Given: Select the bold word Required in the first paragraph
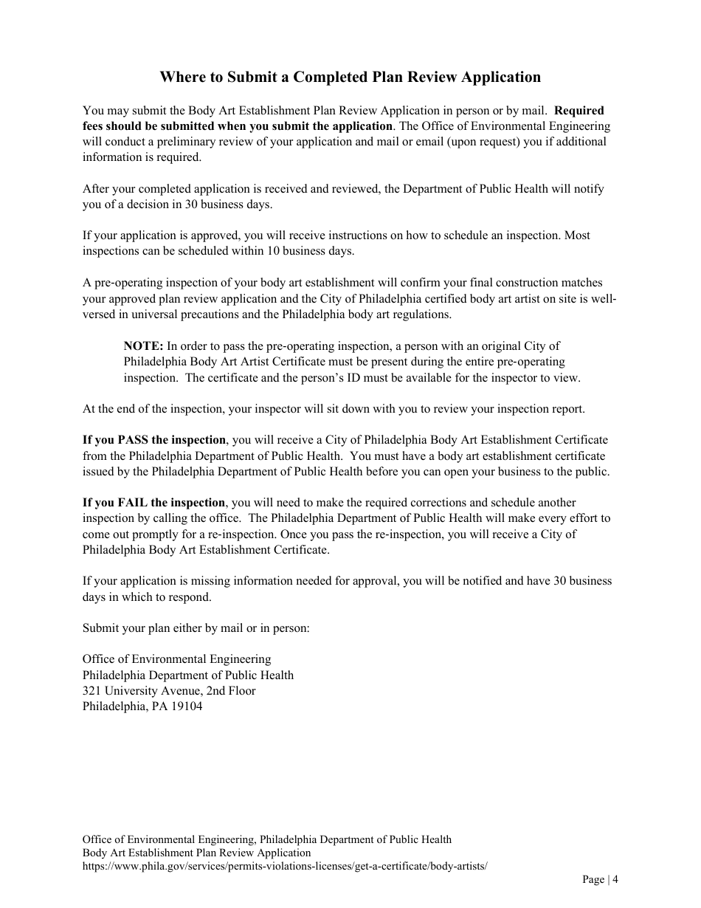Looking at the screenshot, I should (x=579, y=111).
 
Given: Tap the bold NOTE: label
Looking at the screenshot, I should (x=143, y=345).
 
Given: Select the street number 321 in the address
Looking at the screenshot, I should (x=91, y=690).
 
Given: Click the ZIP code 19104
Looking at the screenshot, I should (x=187, y=706).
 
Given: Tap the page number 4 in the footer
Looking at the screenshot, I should (x=615, y=878).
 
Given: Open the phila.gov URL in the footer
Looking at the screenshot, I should (x=285, y=865).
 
